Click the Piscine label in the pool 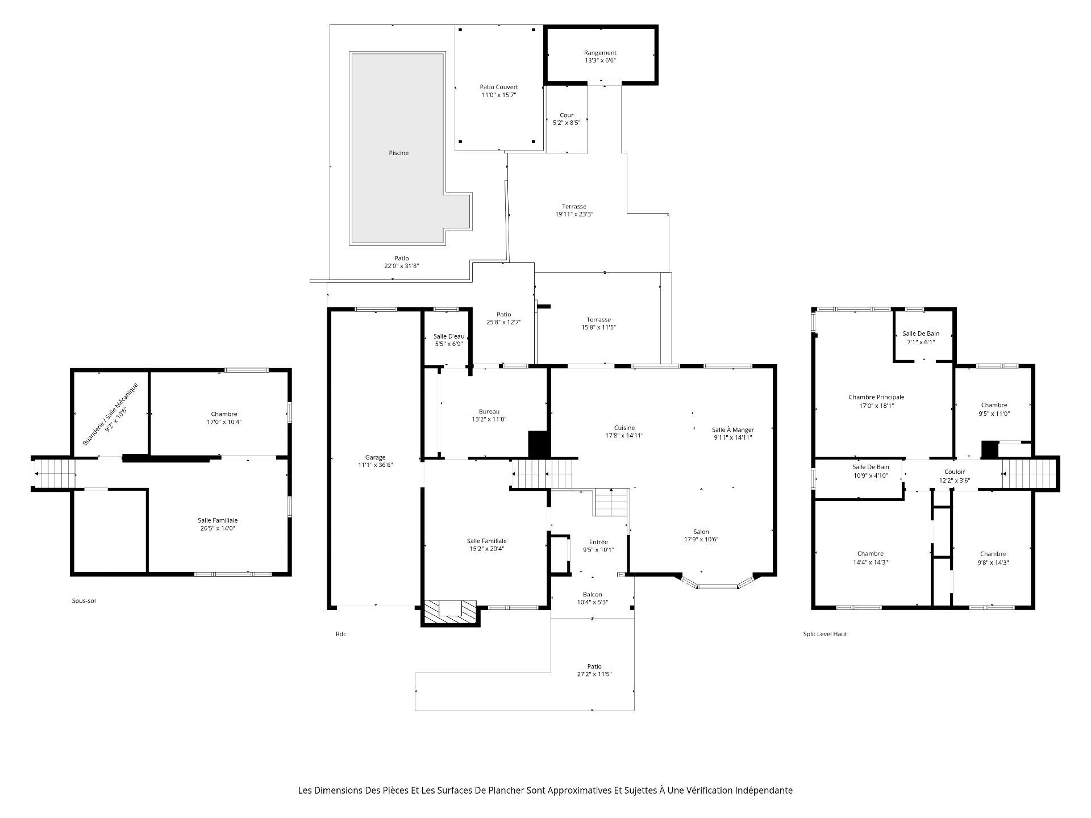point(398,153)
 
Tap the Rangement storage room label point(600,53)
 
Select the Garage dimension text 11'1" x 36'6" point(376,465)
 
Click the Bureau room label point(489,411)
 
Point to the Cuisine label point(624,428)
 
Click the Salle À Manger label point(733,429)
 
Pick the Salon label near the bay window point(701,532)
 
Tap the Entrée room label point(598,542)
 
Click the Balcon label point(592,594)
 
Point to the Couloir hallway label point(955,471)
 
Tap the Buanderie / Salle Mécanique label point(110,413)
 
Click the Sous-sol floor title point(84,600)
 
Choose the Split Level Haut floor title point(825,634)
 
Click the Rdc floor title point(340,634)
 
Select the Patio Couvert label point(499,87)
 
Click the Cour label point(567,115)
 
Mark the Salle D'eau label point(448,336)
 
